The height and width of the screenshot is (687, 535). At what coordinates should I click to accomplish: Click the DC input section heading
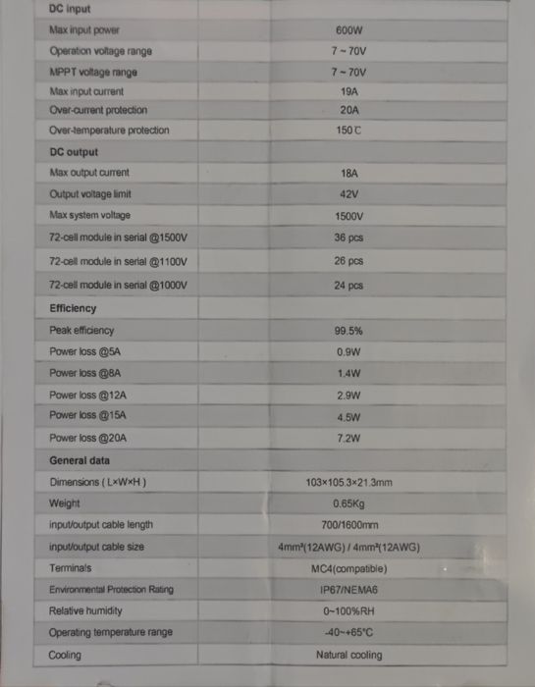click(x=70, y=9)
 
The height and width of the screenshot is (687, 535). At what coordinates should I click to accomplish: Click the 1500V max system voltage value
click(x=348, y=216)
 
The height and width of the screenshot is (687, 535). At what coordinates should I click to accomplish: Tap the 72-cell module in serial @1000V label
click(x=118, y=286)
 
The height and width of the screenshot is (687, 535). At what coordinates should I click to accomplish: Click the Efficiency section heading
click(x=73, y=308)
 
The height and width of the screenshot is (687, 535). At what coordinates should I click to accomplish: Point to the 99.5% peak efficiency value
click(x=348, y=331)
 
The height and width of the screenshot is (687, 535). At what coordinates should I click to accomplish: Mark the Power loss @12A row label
click(x=88, y=395)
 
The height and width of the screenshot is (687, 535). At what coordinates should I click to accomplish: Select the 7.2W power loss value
click(x=348, y=438)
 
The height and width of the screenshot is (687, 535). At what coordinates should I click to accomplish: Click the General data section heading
click(x=80, y=460)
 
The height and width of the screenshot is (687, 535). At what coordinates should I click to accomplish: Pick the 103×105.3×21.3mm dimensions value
click(x=348, y=482)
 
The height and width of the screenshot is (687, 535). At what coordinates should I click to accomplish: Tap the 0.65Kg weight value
click(x=348, y=503)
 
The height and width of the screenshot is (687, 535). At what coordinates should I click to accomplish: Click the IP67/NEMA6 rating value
click(x=348, y=590)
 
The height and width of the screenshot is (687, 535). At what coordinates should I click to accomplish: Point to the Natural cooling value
click(x=348, y=655)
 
